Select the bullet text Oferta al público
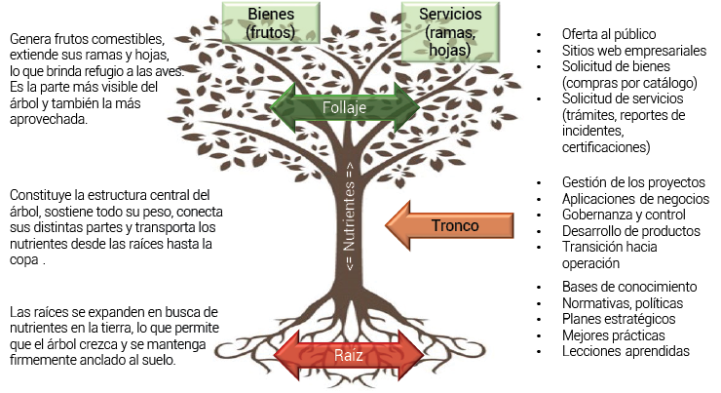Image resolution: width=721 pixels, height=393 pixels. tap(601, 35)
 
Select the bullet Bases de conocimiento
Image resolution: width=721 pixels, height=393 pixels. tap(628, 287)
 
